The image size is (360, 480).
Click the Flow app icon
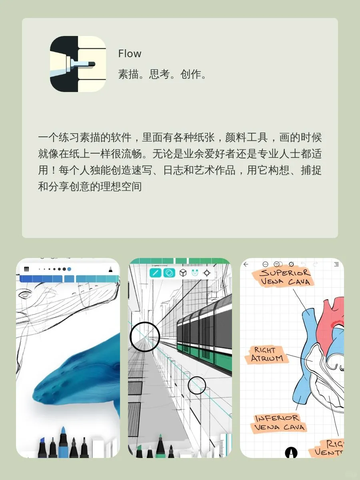(78, 64)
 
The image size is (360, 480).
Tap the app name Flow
(130, 54)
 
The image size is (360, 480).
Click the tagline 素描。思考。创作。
(162, 74)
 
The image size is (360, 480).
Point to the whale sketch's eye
(25, 295)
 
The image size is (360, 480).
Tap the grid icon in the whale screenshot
(27, 269)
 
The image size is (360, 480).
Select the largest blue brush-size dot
(69, 269)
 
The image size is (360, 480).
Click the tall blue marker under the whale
(63, 442)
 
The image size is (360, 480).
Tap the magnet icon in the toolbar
(195, 273)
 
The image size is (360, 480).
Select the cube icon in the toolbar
(183, 273)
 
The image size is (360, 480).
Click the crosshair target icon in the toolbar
(207, 273)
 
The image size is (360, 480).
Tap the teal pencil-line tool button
(155, 273)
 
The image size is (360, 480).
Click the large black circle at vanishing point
(144, 337)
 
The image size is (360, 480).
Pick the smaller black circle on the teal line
(197, 385)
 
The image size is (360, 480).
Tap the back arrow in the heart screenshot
(246, 264)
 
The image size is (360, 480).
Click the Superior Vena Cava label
(284, 277)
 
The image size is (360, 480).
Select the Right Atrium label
(270, 354)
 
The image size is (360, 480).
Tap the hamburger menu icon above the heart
(336, 264)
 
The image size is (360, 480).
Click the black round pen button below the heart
(291, 452)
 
